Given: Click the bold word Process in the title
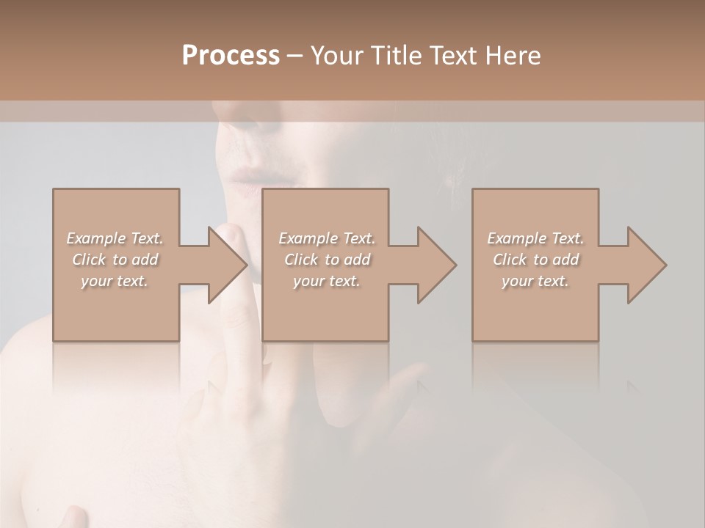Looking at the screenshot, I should pos(231,56).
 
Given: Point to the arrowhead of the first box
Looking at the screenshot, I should pos(227,265).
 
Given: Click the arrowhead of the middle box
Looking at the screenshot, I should pos(437,265).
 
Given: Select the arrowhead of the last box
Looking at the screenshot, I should pos(647,265).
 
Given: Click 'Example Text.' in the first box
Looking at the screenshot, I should pos(115,238).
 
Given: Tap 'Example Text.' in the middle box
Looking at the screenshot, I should pos(326,238).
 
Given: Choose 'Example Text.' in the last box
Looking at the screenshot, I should pos(535,238).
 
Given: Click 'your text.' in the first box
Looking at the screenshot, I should pos(115,281).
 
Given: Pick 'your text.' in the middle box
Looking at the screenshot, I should pos(326,281).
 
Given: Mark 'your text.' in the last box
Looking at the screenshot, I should pos(535,281).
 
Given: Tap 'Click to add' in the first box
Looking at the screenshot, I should pos(115,260).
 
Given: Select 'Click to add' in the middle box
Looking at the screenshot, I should pos(326,260).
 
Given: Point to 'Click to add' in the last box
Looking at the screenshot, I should pos(535,260).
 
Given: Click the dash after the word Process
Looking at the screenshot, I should pos(295,56).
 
